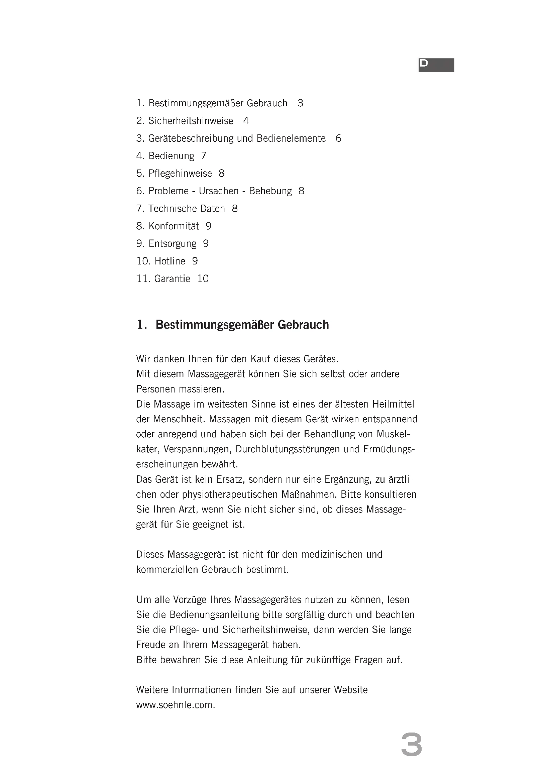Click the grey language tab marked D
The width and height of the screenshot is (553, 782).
(436, 65)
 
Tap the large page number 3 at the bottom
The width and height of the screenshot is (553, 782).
(411, 745)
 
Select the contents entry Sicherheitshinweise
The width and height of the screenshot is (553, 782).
(191, 121)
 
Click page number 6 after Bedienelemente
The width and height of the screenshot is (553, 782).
(338, 138)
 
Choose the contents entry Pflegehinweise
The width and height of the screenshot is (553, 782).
(180, 174)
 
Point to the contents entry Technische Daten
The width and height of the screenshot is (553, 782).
(187, 208)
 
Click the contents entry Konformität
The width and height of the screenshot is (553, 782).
(174, 226)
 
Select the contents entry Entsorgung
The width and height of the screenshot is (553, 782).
(172, 243)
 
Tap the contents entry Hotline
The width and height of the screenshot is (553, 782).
(170, 261)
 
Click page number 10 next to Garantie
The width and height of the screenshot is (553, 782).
(203, 278)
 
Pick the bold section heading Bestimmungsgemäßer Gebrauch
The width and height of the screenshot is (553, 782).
(242, 325)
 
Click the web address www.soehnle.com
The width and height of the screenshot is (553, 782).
(176, 705)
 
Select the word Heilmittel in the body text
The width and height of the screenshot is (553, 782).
(393, 404)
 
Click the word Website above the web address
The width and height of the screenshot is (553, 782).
(351, 690)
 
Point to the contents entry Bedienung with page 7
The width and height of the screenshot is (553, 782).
(171, 156)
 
